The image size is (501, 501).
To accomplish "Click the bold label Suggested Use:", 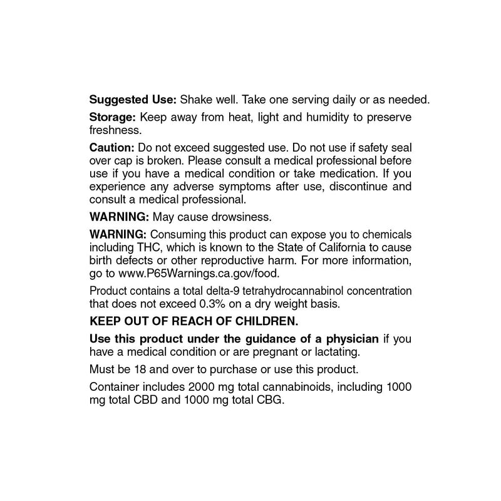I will click(133, 100).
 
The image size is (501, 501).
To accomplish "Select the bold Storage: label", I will click(113, 118).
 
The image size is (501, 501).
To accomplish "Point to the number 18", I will click(149, 369).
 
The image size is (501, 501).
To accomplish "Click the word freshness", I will click(116, 130).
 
